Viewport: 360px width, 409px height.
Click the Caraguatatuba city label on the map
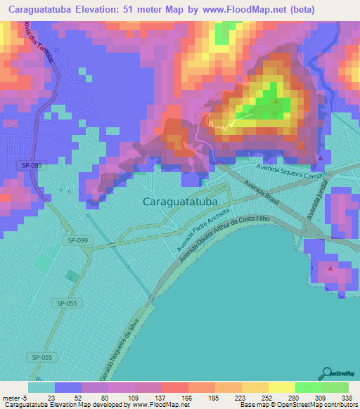coord(180,202)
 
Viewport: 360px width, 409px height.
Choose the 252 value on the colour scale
coord(268,398)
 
